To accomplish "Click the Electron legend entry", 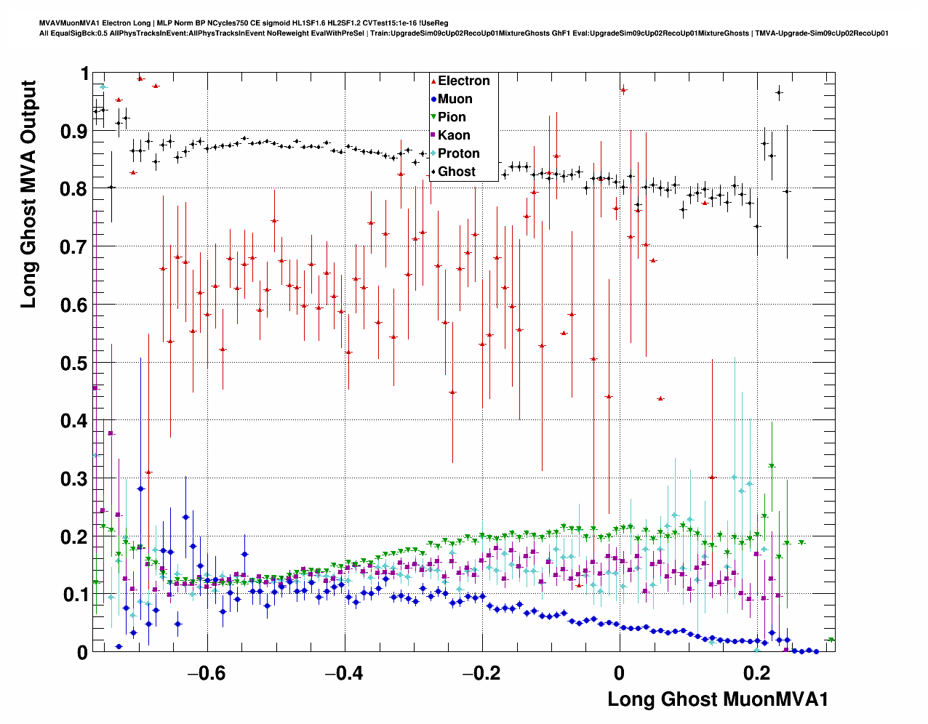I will click(x=463, y=81).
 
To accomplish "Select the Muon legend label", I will click(x=455, y=99).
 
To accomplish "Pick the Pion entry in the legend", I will click(x=452, y=117).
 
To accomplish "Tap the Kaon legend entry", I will click(x=454, y=135).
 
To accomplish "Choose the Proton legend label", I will click(x=458, y=153).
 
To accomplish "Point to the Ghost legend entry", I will click(x=456, y=172).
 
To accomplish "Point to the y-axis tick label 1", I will click(x=84, y=74).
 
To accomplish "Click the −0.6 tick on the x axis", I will click(x=207, y=673).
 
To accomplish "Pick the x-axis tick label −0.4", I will click(x=344, y=673).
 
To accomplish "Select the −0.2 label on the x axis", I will click(x=481, y=673).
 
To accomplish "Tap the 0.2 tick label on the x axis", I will click(x=757, y=673).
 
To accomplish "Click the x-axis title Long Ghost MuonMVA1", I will click(x=717, y=699).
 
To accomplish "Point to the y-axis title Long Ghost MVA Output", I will click(x=28, y=194).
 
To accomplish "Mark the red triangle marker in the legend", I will click(x=433, y=81).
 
